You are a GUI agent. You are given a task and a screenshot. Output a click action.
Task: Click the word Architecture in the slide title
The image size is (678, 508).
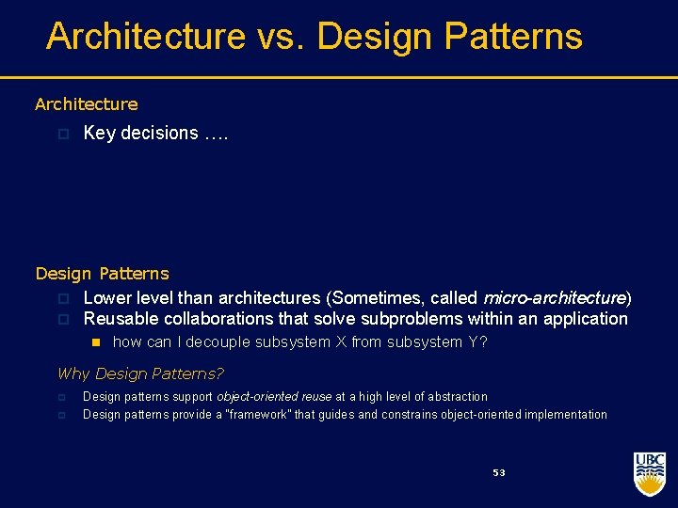[145, 37]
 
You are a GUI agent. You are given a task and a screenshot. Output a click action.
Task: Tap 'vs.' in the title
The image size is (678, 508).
[281, 37]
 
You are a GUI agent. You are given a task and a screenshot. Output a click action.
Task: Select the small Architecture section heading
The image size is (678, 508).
[86, 104]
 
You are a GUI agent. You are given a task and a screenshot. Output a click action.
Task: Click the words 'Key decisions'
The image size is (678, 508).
[140, 134]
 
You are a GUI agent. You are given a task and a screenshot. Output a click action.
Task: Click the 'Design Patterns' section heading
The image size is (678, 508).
[102, 274]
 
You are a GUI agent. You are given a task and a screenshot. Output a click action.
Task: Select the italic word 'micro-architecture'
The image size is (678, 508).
[554, 298]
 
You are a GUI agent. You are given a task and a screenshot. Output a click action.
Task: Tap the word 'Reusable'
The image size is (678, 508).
[119, 319]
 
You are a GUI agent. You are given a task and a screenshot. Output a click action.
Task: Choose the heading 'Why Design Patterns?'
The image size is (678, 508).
[140, 373]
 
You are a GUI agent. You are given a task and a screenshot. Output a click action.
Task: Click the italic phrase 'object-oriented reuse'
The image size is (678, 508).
[274, 397]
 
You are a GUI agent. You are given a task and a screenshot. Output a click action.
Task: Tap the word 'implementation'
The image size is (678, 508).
[565, 415]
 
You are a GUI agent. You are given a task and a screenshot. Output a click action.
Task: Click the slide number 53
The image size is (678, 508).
[499, 472]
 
